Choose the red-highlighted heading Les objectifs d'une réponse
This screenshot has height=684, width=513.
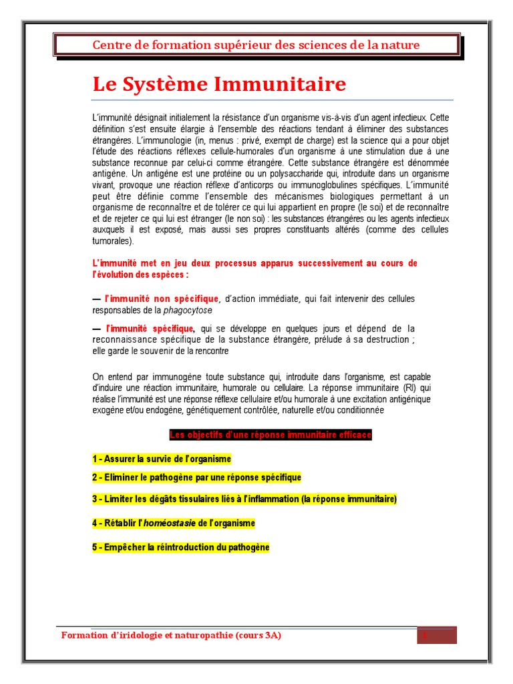tap(270, 435)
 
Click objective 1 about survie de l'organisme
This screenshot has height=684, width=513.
tap(162, 459)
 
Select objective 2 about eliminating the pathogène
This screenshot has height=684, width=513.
tap(196, 478)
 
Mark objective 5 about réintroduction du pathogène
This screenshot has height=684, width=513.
tap(180, 547)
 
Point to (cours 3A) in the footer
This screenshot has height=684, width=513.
tap(258, 635)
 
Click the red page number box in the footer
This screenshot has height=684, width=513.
tap(437, 635)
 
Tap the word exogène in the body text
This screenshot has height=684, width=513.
tap(110, 410)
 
